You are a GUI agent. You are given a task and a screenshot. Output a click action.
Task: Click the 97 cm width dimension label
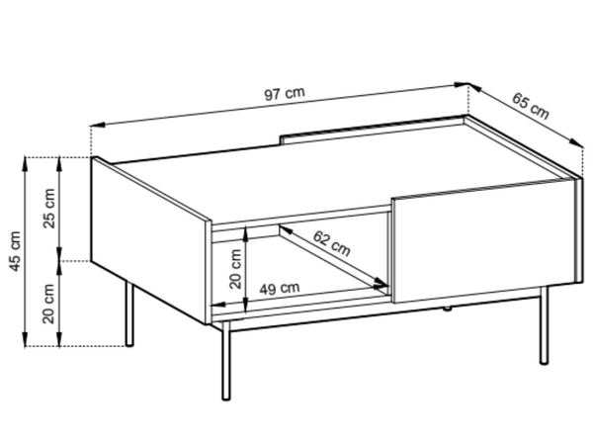284,93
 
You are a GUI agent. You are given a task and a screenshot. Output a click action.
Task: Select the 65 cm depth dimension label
530,106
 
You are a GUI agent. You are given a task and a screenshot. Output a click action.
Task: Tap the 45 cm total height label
16,251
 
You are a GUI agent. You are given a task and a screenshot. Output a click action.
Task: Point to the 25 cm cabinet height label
49,208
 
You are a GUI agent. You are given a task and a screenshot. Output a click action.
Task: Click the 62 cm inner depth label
332,243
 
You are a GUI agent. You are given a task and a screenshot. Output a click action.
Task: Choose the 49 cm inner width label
280,289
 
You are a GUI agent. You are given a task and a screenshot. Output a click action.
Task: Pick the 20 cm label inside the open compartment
235,269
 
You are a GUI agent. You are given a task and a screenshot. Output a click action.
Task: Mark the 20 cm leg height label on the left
48,304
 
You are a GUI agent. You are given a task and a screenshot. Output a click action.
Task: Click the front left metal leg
225,361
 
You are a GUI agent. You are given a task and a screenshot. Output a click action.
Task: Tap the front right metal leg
544,325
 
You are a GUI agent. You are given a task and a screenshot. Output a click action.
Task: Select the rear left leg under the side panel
129,313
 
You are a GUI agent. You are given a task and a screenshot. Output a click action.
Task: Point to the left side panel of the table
150,240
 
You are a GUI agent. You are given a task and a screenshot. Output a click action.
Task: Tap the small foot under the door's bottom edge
447,309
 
